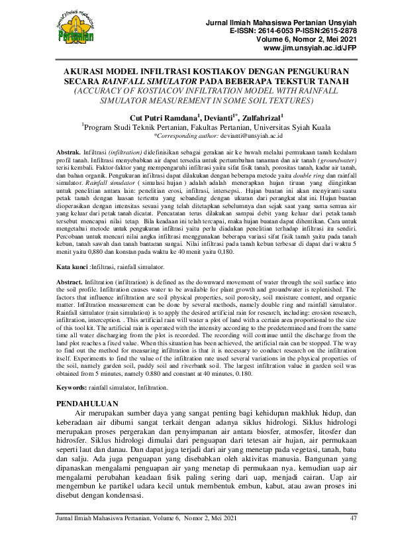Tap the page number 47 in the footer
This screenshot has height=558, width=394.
[353, 518]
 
